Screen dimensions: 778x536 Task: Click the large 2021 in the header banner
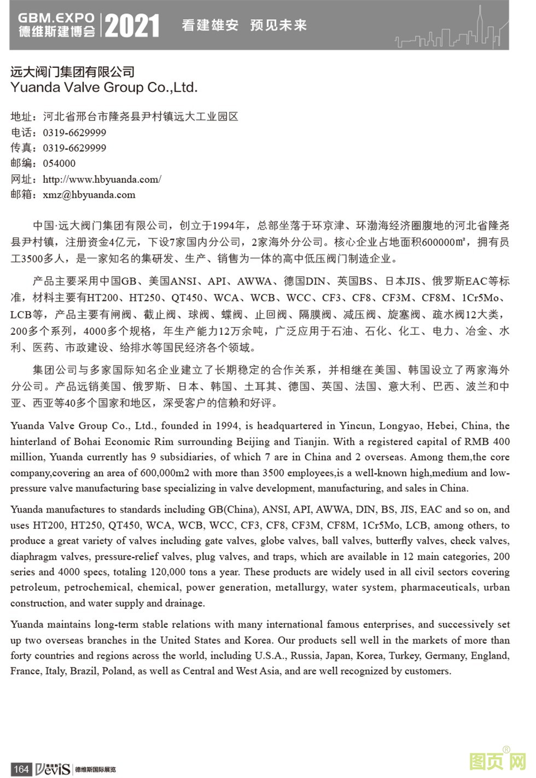(132, 26)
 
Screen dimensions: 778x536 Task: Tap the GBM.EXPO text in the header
(56, 18)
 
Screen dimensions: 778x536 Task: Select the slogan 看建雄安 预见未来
(244, 25)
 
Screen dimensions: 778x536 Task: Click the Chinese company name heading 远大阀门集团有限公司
(72, 72)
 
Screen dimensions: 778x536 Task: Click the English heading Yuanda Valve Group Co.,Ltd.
(104, 88)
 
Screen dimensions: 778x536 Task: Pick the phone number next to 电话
(74, 132)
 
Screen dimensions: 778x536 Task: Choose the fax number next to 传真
(74, 148)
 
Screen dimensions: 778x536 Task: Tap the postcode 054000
(59, 163)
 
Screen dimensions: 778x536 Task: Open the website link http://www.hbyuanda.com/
(102, 179)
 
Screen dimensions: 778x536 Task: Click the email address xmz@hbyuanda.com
(89, 194)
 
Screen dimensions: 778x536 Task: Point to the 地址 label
(22, 117)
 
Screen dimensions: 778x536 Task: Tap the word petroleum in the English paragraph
(33, 588)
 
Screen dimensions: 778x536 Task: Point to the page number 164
(21, 769)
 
